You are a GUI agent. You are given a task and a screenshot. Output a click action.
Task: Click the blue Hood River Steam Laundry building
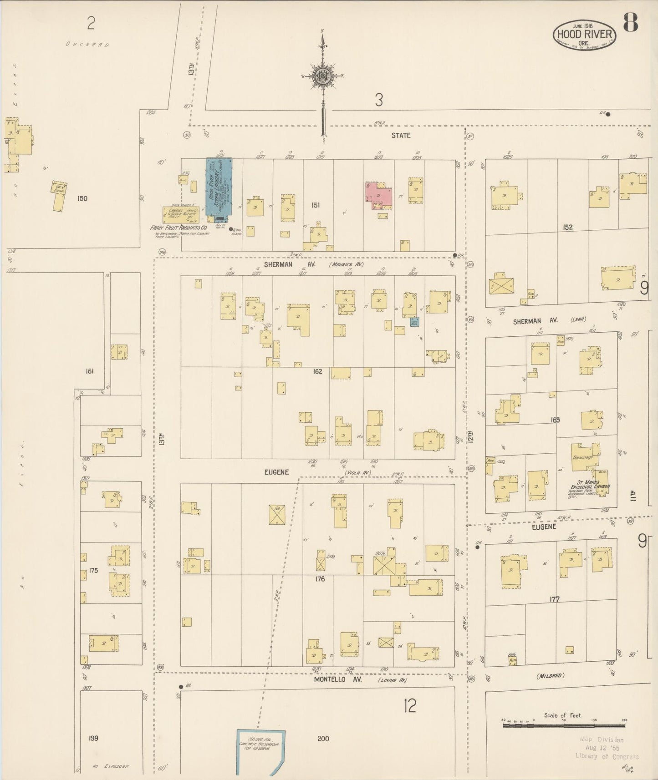point(219,187)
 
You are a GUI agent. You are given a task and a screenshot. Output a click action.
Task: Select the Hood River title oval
point(584,35)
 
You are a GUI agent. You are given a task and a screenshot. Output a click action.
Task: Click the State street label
point(401,135)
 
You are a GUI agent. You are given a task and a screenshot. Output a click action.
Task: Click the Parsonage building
point(584,457)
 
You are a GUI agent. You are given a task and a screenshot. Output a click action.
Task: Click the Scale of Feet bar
point(564,725)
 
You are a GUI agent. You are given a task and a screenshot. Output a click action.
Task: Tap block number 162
point(317,371)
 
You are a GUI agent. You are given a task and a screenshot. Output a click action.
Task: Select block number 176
point(320,579)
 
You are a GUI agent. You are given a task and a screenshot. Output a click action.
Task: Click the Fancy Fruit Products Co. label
point(179,227)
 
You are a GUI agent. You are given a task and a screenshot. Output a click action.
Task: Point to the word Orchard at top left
point(87,45)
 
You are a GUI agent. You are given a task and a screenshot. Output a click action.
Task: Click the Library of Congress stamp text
point(607,756)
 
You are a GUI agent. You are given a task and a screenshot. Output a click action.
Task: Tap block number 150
point(82,198)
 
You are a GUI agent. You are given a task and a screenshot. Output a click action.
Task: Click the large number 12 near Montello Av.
point(410,706)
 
